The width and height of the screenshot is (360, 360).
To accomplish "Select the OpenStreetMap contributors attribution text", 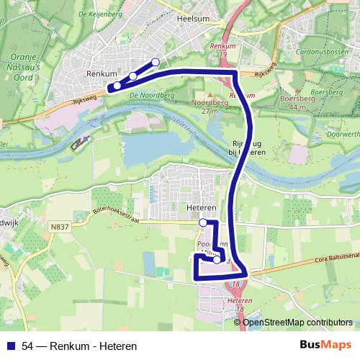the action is (297, 323).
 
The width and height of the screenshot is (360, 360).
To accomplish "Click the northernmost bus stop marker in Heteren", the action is (203, 222).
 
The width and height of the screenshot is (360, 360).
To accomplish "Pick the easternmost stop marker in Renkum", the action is (156, 62).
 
